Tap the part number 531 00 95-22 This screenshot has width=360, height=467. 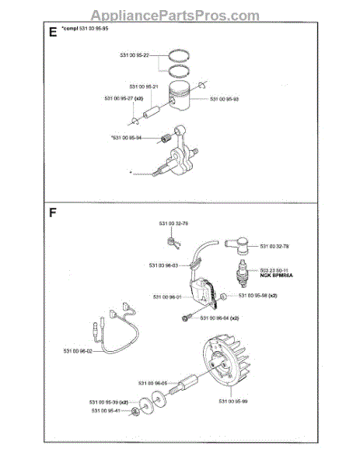tap(135, 54)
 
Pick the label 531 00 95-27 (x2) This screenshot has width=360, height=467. tap(124, 99)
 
